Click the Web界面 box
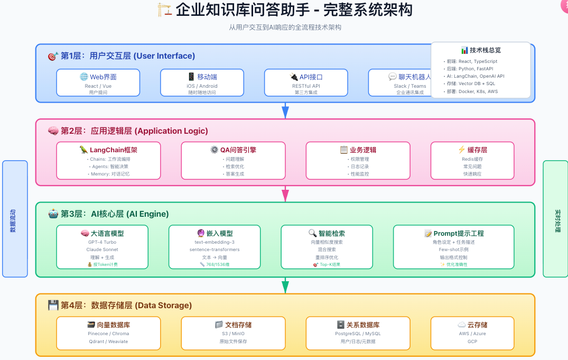[98, 82]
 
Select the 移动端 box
[202, 82]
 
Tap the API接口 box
[306, 82]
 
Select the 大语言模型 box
[102, 247]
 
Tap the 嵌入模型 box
[214, 247]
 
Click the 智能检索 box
[326, 247]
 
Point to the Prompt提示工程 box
[453, 247]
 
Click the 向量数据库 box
[108, 333]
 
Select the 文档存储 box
[233, 333]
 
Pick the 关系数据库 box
[358, 333]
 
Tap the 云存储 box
[472, 333]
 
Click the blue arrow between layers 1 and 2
[285, 110]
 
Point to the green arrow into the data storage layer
[285, 285]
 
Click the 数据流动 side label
[15, 219]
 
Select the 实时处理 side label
[555, 219]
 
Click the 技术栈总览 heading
[481, 50]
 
